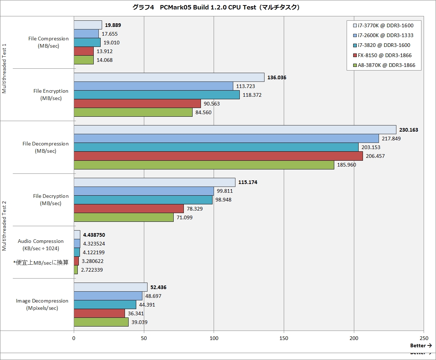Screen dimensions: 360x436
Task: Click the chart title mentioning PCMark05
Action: pos(218,7)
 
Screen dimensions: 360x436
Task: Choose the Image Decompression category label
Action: pos(42,304)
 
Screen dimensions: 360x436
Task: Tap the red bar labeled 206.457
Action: pos(218,156)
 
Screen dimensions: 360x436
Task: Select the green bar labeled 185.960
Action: pos(204,165)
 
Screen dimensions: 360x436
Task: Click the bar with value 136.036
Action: pos(169,77)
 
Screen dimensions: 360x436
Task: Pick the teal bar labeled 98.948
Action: pos(143,200)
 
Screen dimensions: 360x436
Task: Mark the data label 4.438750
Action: pos(94,235)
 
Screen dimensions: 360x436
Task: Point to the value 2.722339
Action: pos(93,270)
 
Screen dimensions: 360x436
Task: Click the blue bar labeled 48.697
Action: pos(108,296)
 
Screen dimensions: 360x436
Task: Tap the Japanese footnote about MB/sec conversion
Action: pos(41,262)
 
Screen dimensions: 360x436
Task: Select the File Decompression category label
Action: pos(45,147)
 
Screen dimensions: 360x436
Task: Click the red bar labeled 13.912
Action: pos(84,51)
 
